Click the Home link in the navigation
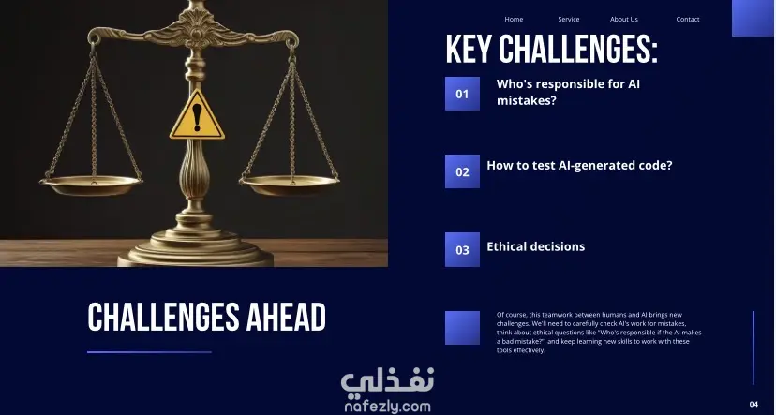[514, 20]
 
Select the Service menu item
[569, 20]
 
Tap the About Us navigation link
[624, 20]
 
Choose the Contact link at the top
[688, 20]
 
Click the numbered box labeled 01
[462, 94]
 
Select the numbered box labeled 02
[462, 171]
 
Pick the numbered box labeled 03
[462, 249]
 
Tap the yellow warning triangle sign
[197, 116]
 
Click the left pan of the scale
[91, 185]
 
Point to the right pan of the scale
[290, 185]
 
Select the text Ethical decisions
[535, 246]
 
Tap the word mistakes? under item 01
[527, 100]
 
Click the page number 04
[754, 404]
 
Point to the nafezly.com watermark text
[387, 407]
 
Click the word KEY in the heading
[470, 50]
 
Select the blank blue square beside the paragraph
[462, 328]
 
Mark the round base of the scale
[196, 250]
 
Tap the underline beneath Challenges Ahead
[149, 352]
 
